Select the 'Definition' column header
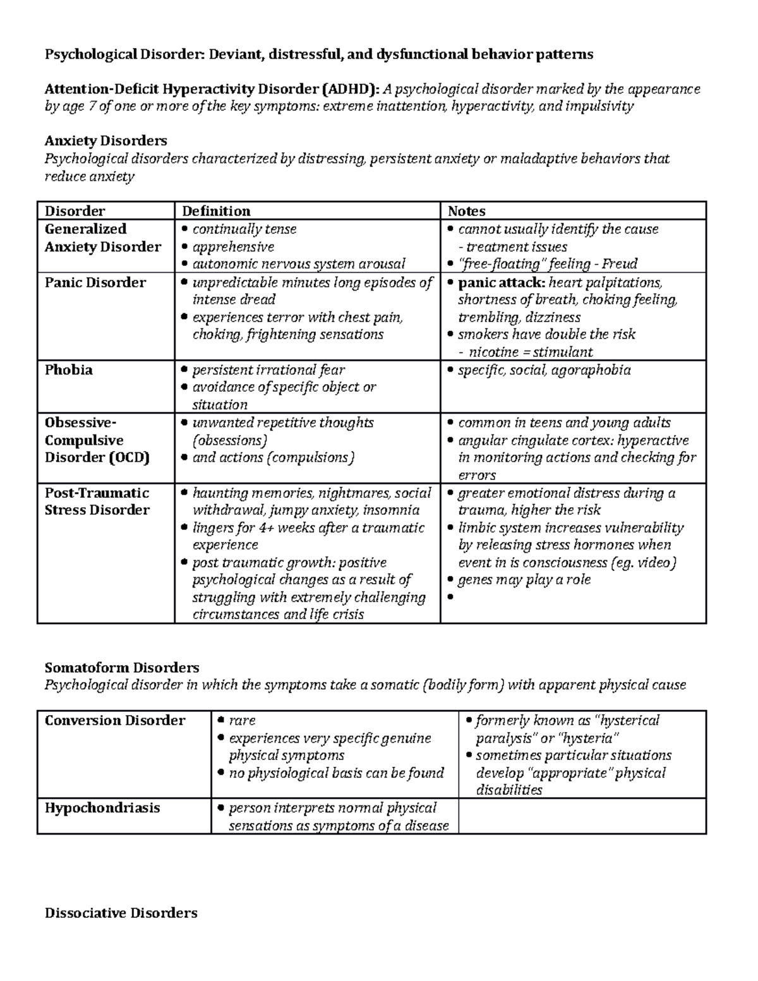coord(216,211)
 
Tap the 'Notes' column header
coord(466,211)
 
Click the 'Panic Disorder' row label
coord(95,282)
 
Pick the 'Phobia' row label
coord(68,370)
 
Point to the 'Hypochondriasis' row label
coord(102,808)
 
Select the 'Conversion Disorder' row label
coord(114,721)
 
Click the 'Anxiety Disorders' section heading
coord(105,140)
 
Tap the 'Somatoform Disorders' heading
coord(121,668)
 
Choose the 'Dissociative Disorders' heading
coord(121,913)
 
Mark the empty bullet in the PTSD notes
coord(450,598)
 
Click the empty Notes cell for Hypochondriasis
coord(581,816)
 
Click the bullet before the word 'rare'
coord(220,721)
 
